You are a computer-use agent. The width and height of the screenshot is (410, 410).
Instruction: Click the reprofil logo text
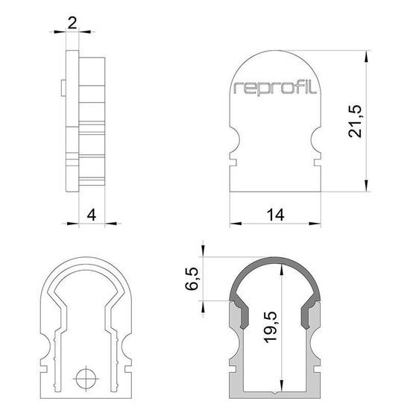coord(275,88)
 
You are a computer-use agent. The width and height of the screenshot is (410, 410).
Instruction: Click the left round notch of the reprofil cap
coord(233,139)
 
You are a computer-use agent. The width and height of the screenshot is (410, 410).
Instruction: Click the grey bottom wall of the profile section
coord(276,397)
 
